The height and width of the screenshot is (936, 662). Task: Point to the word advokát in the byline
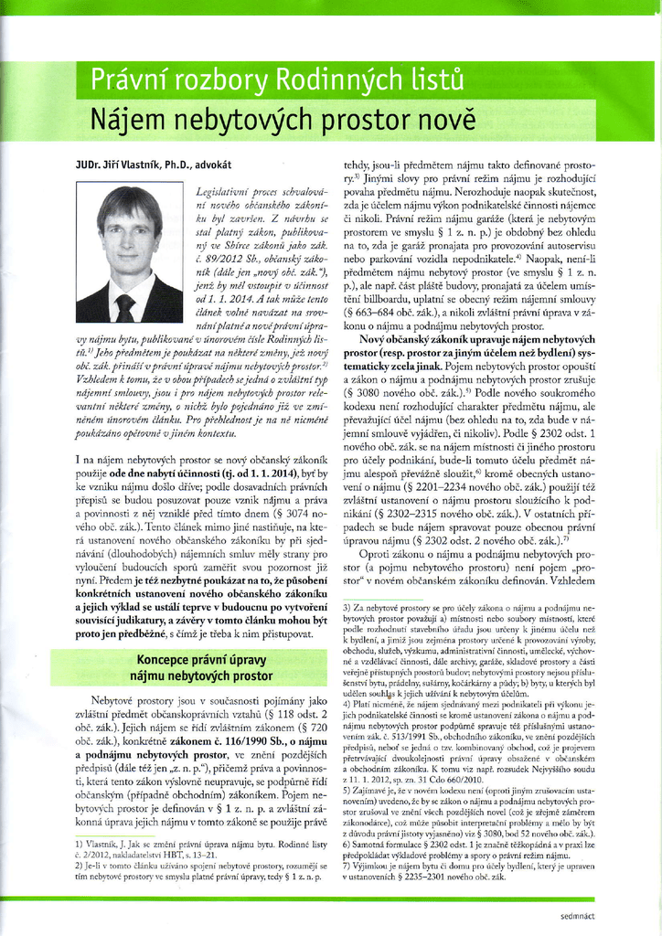[x=210, y=165]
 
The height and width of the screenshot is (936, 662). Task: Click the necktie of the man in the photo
[x=125, y=307]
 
